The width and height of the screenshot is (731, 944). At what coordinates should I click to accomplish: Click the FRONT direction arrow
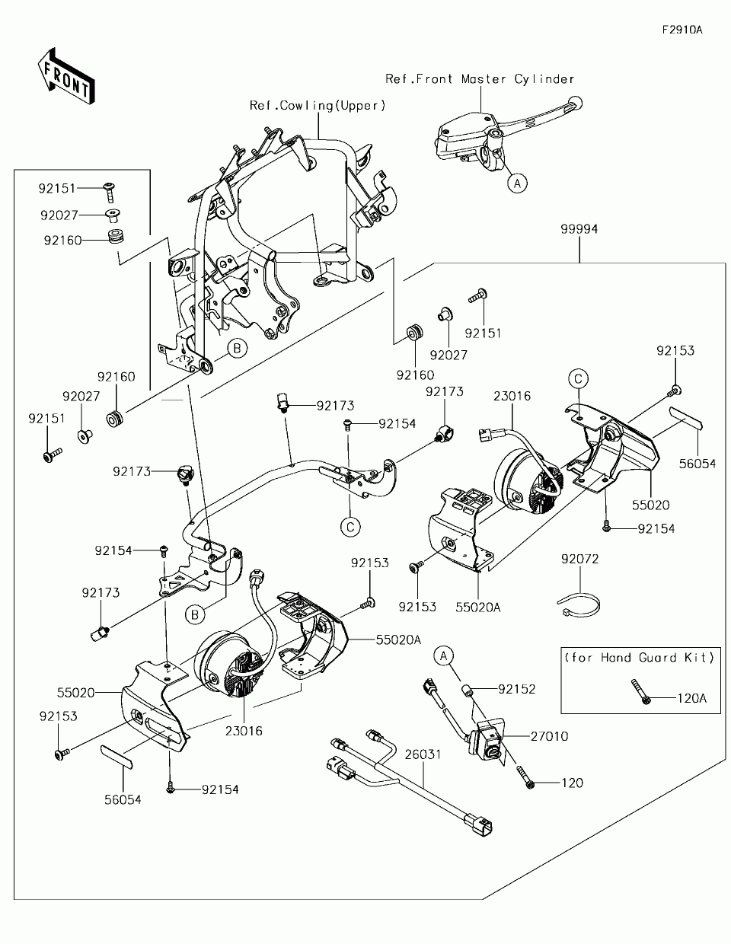tap(66, 75)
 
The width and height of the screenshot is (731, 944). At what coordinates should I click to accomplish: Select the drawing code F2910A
tap(682, 30)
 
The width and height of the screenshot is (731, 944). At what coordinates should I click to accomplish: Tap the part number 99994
tap(579, 229)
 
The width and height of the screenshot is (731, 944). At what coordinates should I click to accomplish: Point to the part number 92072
tap(579, 559)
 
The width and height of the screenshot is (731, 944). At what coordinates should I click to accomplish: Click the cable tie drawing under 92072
tap(579, 605)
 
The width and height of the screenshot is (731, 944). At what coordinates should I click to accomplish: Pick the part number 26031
tap(423, 754)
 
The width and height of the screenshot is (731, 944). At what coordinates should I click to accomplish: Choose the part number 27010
tap(549, 736)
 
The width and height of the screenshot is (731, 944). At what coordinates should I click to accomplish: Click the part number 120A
tap(692, 699)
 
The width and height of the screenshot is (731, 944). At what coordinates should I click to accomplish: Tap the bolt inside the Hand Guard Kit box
tap(640, 691)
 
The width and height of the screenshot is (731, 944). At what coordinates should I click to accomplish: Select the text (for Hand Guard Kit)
tap(639, 657)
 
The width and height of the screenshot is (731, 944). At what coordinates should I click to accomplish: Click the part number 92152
tap(517, 689)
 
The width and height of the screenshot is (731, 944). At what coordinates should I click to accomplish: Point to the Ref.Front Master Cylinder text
tap(480, 79)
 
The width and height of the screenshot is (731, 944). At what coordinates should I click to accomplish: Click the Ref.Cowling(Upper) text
tap(318, 106)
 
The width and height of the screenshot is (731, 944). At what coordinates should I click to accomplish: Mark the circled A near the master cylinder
tap(517, 183)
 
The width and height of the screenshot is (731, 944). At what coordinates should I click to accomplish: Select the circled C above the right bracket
tap(578, 379)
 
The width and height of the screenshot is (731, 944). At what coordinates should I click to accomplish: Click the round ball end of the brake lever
tap(575, 104)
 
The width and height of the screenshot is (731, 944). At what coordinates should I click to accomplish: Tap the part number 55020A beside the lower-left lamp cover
tap(398, 640)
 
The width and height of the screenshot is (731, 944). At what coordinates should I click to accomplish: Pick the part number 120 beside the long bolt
tap(572, 783)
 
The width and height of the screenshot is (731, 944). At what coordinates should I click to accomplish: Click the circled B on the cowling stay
tap(237, 348)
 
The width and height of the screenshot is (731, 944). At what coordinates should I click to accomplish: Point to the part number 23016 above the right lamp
tap(512, 396)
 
